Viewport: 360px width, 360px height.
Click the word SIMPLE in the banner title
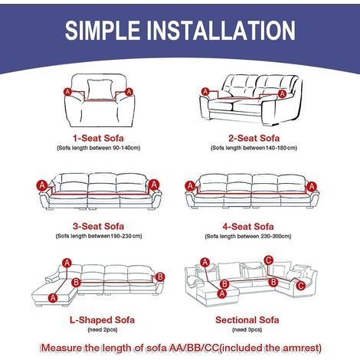pyautogui.click(x=103, y=30)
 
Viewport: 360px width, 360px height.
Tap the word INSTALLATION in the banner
pyautogui.click(x=221, y=30)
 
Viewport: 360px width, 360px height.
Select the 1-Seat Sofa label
pyautogui.click(x=98, y=139)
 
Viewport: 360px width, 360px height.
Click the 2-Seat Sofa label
pyautogui.click(x=254, y=139)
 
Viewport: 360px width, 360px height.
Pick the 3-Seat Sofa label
pyautogui.click(x=98, y=226)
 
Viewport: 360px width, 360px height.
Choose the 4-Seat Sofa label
pyautogui.click(x=248, y=227)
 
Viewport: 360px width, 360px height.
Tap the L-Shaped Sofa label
pyautogui.click(x=102, y=320)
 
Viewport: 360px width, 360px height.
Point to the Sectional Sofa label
pyautogui.click(x=247, y=320)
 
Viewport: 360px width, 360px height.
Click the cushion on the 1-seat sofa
pyautogui.click(x=100, y=89)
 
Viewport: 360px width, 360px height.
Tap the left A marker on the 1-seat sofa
pyautogui.click(x=67, y=92)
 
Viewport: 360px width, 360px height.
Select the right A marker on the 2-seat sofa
pyautogui.click(x=282, y=93)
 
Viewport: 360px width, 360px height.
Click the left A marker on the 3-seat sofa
pyautogui.click(x=42, y=185)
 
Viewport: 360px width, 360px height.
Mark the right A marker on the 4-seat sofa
pyautogui.click(x=312, y=187)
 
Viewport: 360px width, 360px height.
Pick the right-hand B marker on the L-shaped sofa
pyautogui.click(x=160, y=277)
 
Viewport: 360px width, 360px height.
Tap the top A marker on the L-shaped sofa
pyautogui.click(x=67, y=263)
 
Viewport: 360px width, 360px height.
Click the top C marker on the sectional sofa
pyautogui.click(x=268, y=260)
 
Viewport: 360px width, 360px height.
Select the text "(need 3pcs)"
pyautogui.click(x=247, y=330)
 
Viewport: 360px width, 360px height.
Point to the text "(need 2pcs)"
pyautogui.click(x=103, y=330)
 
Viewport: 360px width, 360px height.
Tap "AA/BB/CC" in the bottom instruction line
pyautogui.click(x=194, y=348)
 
